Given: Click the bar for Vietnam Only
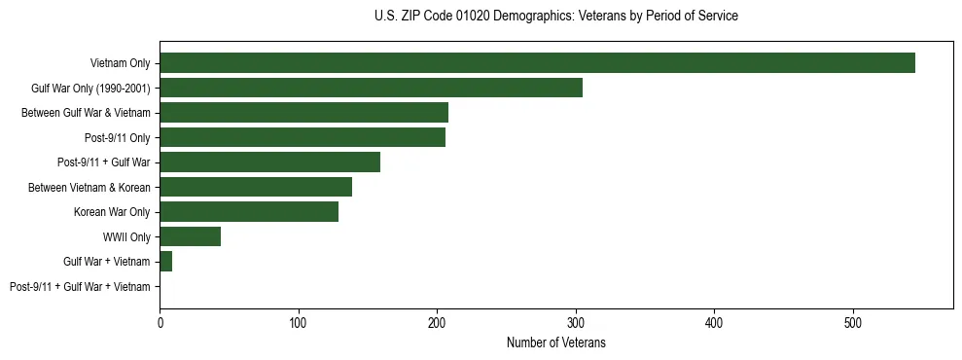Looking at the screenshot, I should pos(537,63).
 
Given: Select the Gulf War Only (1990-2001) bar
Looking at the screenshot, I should pos(371,88).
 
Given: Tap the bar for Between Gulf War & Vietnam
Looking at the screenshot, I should pos(303,113).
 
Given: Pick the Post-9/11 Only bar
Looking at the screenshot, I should pos(303,137).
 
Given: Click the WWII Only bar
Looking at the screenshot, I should pos(190,236).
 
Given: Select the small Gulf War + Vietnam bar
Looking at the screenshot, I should pos(166,262).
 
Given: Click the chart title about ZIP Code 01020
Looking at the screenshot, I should pos(555,17).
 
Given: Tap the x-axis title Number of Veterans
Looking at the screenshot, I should pos(555,343).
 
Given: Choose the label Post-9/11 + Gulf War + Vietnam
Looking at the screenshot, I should pos(80,287).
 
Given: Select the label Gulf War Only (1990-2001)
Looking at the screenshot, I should pos(90,89).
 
